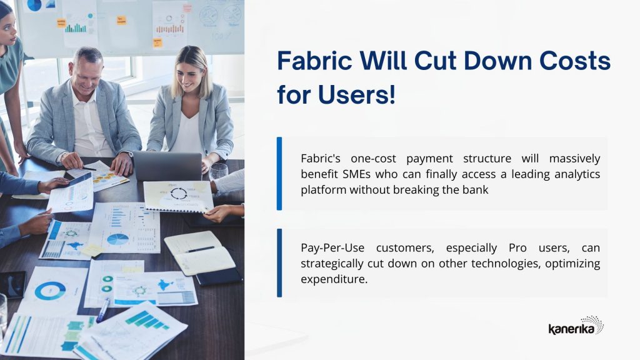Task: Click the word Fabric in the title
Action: click(x=314, y=61)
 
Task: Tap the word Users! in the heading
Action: click(x=356, y=94)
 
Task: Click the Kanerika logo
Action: click(x=576, y=325)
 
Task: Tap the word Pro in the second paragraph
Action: click(x=517, y=247)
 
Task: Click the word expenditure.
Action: click(x=334, y=279)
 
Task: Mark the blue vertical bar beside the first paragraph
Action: click(x=279, y=174)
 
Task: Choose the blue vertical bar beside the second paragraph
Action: click(x=279, y=263)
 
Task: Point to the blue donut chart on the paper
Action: click(x=50, y=291)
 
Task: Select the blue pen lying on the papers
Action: click(x=103, y=309)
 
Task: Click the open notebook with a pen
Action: click(x=199, y=252)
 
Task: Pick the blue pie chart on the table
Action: click(x=117, y=239)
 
